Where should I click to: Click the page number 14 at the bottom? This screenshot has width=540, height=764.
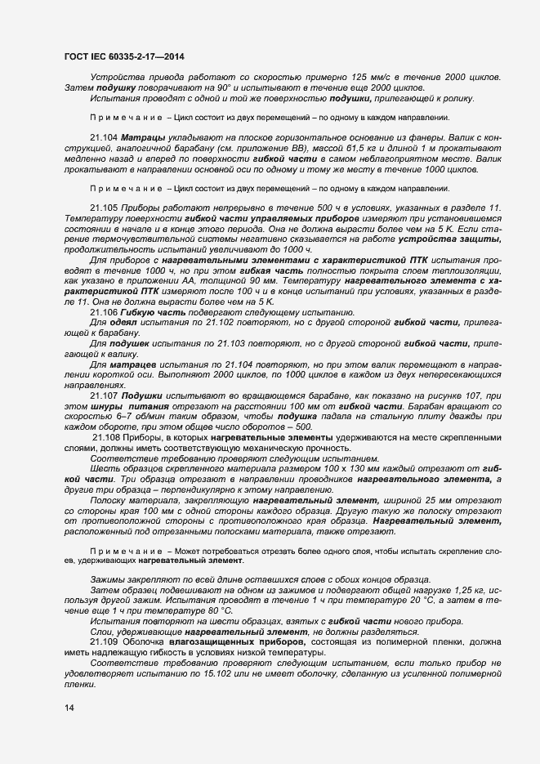[69, 708]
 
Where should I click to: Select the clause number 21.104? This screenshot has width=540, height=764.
[103, 138]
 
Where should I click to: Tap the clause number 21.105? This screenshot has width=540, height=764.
[103, 208]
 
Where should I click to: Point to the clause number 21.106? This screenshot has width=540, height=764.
[103, 312]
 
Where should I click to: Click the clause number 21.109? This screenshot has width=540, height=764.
[103, 642]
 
